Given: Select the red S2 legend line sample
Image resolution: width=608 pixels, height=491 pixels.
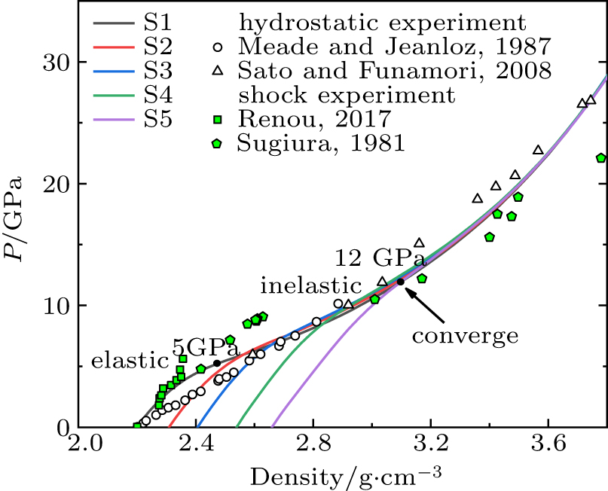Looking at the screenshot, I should [x=114, y=47].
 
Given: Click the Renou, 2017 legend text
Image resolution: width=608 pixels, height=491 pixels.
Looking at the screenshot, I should [x=315, y=119].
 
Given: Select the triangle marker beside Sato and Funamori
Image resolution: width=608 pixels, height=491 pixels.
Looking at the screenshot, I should [x=218, y=71].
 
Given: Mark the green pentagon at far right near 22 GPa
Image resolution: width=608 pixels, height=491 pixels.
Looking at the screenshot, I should [x=600, y=158].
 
